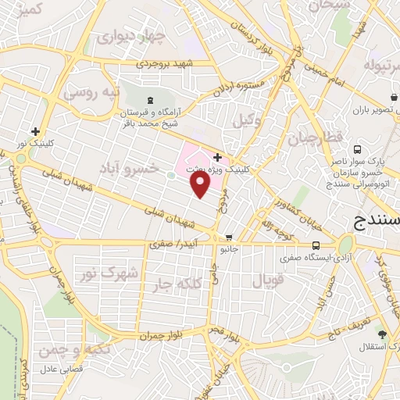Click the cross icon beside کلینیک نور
(x=34, y=131)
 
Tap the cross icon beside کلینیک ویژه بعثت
(x=217, y=157)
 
